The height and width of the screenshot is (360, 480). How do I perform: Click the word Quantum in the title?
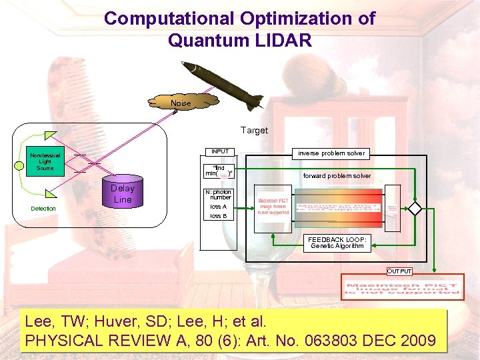(204, 40)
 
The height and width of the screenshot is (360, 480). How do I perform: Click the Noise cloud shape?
(181, 103)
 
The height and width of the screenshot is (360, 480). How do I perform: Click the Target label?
(254, 131)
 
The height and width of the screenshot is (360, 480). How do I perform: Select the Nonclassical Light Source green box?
(45, 161)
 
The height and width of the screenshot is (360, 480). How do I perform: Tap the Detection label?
(44, 209)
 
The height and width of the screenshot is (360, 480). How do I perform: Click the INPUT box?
(219, 151)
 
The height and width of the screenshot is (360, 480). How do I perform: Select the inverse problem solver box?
(331, 153)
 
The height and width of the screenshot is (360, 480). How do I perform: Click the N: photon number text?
(219, 194)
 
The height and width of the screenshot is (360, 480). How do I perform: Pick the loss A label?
(219, 207)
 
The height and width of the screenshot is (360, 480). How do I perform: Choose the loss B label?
(219, 216)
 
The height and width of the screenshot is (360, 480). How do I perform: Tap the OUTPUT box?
(400, 271)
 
